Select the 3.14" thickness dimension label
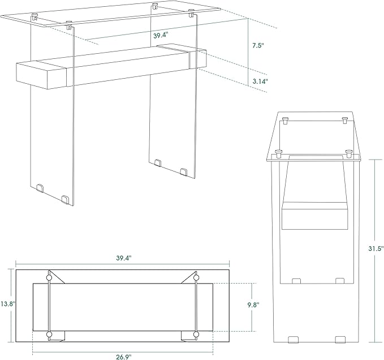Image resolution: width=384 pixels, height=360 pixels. (x=260, y=82)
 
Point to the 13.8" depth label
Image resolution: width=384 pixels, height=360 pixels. (x=7, y=304)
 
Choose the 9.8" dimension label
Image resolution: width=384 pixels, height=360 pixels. (x=253, y=305)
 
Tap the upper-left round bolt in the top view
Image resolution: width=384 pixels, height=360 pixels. (x=49, y=277)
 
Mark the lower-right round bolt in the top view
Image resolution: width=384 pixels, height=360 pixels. (x=196, y=335)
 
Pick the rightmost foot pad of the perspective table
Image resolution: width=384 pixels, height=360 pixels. (x=184, y=172)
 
